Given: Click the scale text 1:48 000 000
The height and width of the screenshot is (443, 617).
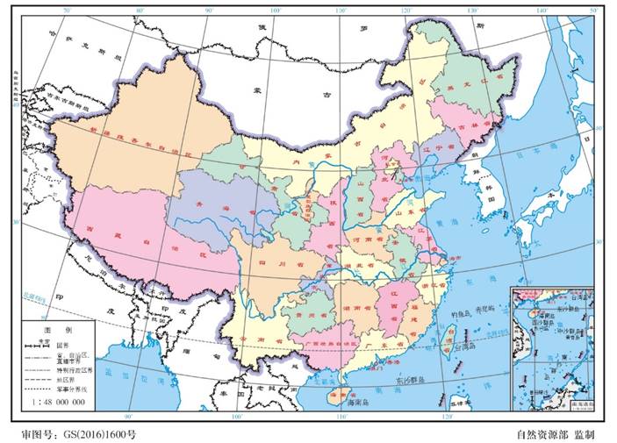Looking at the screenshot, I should coord(57,401).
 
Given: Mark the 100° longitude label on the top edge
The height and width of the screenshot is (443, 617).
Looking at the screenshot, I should coord(276,10).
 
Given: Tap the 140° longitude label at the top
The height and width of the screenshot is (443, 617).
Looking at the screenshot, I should coord(542,10).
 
